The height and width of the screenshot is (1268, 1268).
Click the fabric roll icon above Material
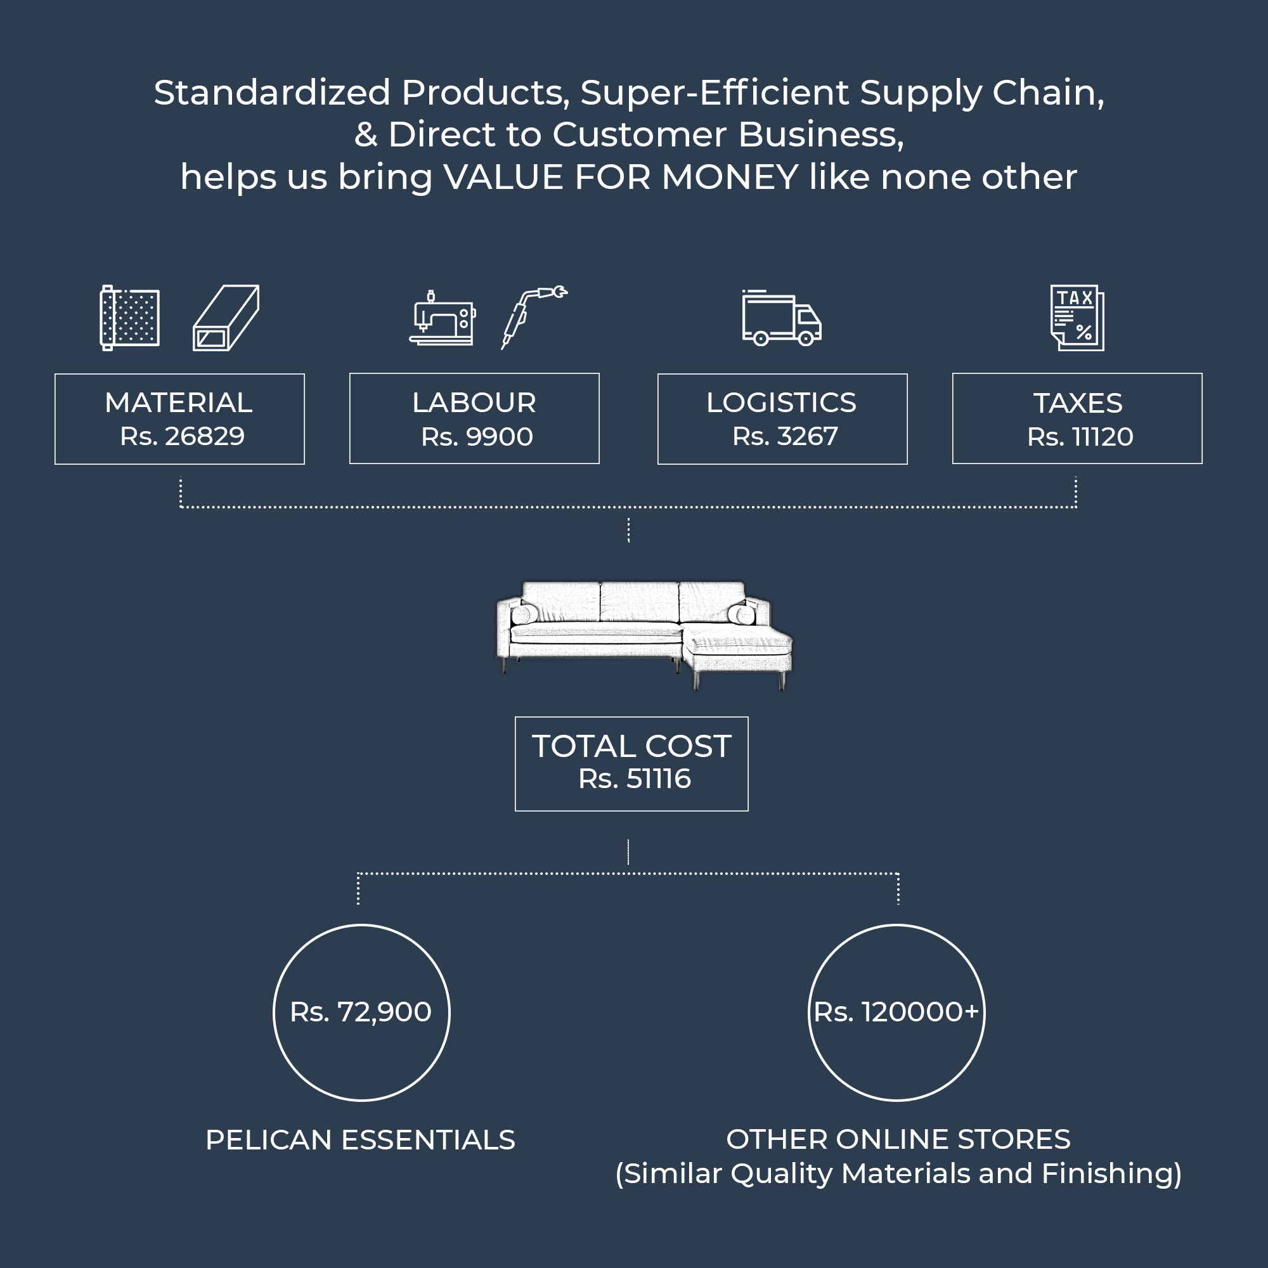[x=129, y=318]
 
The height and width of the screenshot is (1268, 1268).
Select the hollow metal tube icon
[x=226, y=318]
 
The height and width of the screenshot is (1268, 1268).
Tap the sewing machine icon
[x=442, y=318]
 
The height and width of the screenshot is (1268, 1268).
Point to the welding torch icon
[x=532, y=316]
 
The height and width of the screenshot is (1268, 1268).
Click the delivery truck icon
[x=781, y=318]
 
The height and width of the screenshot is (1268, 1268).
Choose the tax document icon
[x=1077, y=318]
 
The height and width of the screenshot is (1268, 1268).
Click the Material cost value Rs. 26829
[x=182, y=436]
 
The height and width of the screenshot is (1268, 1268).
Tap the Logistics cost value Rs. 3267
[x=785, y=436]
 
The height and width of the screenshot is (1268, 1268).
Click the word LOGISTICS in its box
[x=781, y=403]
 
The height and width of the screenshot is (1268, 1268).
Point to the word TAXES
[x=1078, y=403]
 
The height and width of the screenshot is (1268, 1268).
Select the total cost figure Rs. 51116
[x=634, y=779]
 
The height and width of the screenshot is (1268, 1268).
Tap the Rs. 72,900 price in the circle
[x=361, y=1012]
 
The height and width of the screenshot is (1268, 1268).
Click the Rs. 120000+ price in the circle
[x=896, y=1012]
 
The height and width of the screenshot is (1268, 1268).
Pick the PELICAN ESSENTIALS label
[x=360, y=1140]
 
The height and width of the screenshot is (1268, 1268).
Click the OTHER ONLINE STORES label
[x=898, y=1139]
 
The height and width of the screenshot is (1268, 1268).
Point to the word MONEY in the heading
[x=730, y=178]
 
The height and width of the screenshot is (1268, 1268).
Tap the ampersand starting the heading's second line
[x=366, y=135]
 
